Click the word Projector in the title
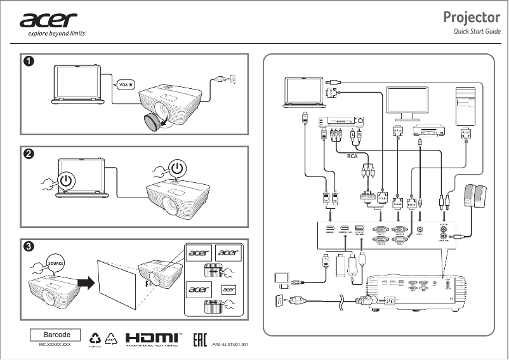coord(472,18)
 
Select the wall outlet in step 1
coord(232,79)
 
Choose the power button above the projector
coord(179,168)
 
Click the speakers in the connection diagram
coord(477,197)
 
